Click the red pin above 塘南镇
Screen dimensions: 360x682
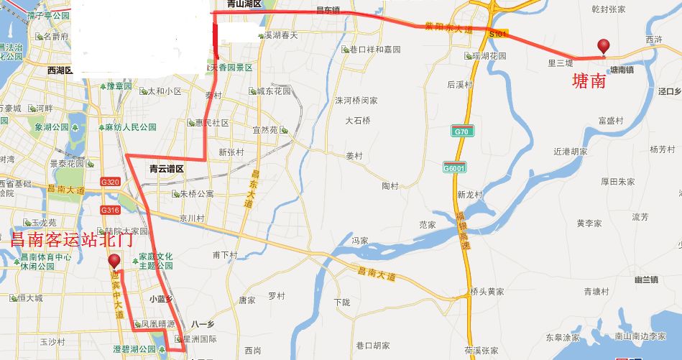click(604, 47)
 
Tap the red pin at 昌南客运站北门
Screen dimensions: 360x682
click(114, 262)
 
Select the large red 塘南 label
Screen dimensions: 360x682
click(589, 81)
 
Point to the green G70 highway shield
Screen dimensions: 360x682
click(461, 131)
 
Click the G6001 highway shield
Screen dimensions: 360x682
click(453, 167)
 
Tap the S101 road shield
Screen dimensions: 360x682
click(497, 34)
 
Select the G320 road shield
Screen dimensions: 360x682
click(110, 182)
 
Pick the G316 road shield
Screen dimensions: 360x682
click(110, 210)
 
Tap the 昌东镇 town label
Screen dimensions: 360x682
click(328, 11)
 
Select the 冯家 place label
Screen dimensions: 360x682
click(360, 240)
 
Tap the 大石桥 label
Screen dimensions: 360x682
click(357, 120)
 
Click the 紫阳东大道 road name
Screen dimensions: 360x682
click(448, 29)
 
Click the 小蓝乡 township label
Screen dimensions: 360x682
click(162, 299)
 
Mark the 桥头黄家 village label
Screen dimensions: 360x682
click(487, 292)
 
